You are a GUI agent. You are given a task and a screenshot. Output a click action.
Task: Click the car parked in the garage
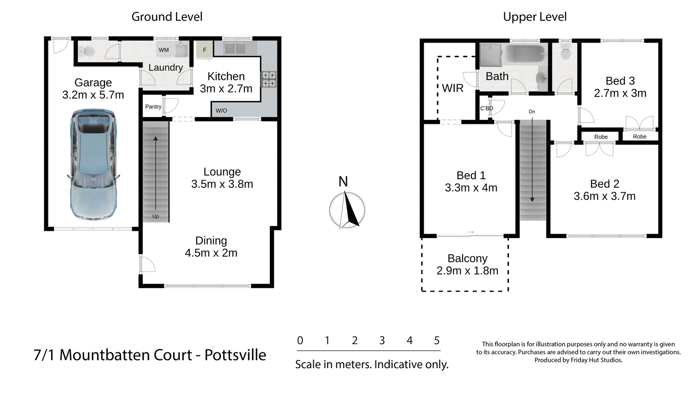tap(93, 164)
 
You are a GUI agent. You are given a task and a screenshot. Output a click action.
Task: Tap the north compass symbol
tap(347, 210)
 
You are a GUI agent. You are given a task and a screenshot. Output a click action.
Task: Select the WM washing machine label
tap(164, 50)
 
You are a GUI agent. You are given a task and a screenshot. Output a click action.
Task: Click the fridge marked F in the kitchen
tap(205, 50)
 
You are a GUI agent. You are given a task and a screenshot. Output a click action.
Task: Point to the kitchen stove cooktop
tap(269, 79)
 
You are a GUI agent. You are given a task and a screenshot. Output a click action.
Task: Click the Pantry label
tap(153, 106)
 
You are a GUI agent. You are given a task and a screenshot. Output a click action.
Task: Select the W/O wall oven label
tap(221, 111)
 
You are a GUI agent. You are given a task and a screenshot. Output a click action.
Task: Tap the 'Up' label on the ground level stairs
tap(156, 216)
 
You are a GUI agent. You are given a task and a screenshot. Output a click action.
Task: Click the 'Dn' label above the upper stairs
tap(532, 111)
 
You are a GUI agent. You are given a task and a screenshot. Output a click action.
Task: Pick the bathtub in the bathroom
tap(525, 54)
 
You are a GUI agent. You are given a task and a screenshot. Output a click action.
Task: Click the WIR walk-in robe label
tap(452, 88)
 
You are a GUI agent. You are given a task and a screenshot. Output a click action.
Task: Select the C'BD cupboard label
tap(486, 108)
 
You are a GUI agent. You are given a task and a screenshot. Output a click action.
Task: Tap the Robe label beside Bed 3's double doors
tap(639, 136)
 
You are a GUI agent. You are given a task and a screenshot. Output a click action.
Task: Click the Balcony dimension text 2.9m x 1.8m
tap(467, 271)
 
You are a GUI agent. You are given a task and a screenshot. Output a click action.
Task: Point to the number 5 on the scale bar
tap(437, 340)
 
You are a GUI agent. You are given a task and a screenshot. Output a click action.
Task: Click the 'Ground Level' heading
tap(167, 17)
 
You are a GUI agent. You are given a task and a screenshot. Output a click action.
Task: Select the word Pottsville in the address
tap(235, 355)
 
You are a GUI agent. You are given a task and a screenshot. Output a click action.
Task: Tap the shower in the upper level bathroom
tap(491, 55)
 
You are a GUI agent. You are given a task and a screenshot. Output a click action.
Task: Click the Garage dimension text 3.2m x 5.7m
tap(93, 95)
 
